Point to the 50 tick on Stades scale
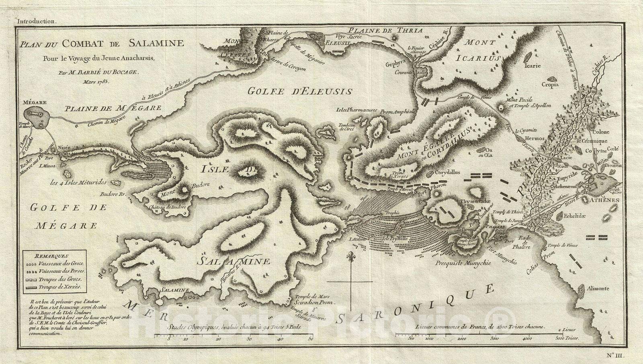(x=311, y=339)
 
